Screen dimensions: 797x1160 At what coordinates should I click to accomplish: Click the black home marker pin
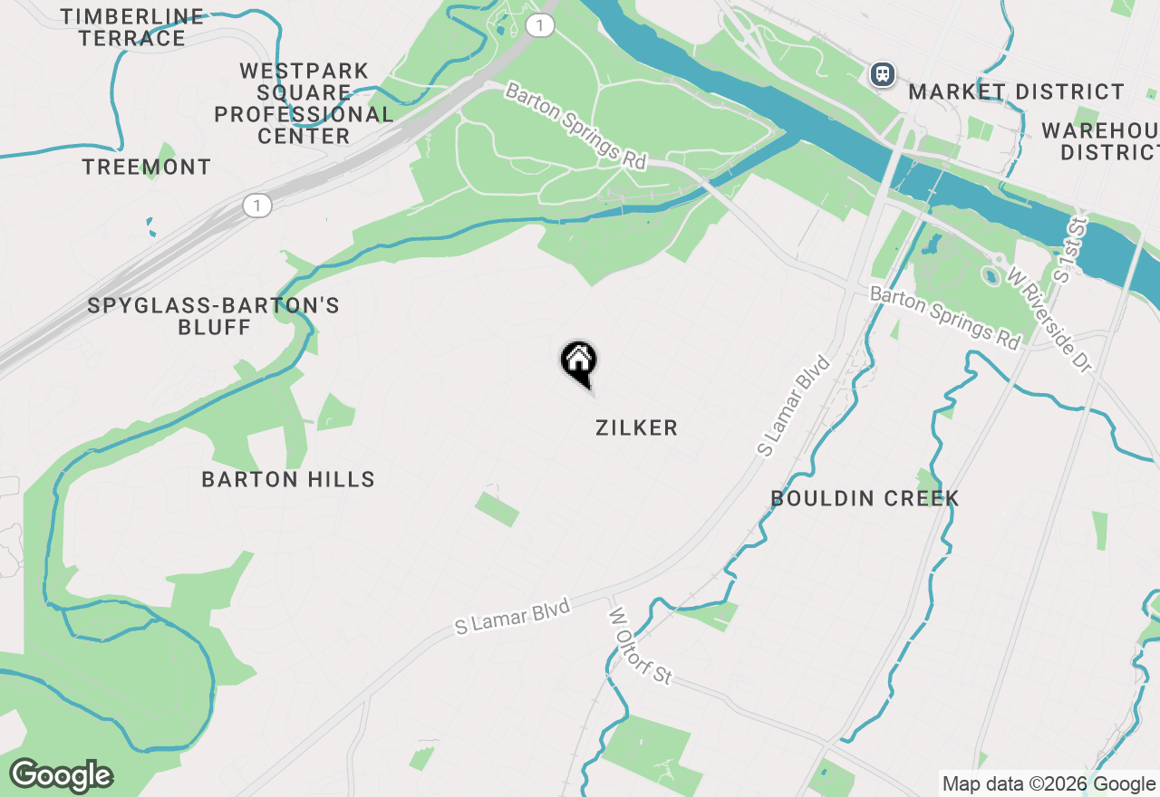tap(578, 362)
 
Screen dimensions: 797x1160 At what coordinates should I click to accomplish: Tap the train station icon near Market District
tap(883, 74)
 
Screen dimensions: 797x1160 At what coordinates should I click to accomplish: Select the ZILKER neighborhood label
tap(636, 428)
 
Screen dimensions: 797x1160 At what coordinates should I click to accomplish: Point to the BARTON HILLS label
tap(288, 479)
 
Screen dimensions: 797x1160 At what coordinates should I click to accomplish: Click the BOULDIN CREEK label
tap(865, 498)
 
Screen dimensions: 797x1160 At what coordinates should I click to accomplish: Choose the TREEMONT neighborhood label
tap(146, 167)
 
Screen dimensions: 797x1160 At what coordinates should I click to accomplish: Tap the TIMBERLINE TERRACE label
tap(132, 27)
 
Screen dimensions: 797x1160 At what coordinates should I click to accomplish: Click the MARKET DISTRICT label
tap(1016, 91)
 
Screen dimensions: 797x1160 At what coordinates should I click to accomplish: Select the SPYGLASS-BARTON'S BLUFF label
tap(214, 316)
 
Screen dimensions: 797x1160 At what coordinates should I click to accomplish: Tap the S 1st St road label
tap(1075, 248)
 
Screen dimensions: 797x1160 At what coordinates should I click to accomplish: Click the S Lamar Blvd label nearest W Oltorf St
tap(513, 616)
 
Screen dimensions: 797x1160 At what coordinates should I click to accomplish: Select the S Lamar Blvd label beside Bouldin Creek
tap(795, 406)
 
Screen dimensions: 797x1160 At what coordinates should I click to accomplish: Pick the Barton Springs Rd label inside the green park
tap(575, 126)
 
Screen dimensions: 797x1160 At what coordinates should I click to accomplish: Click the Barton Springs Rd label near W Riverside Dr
tap(945, 317)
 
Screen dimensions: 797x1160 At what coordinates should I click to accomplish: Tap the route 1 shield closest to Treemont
tap(257, 206)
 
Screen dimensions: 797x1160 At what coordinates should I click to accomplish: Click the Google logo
tap(62, 775)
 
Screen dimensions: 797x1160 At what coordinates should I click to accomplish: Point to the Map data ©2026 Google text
tap(1049, 784)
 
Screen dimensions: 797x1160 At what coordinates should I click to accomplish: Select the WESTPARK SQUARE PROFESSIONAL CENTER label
tap(304, 103)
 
